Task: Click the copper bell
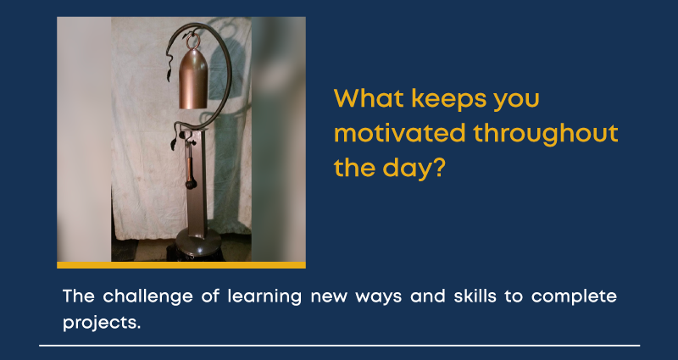(193, 79)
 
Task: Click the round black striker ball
(192, 185)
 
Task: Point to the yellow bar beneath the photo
(181, 265)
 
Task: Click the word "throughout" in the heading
(546, 135)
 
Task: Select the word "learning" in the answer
(264, 297)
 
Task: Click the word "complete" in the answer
(574, 297)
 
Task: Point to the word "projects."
(102, 323)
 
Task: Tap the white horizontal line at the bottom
(340, 346)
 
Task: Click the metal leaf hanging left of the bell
(169, 74)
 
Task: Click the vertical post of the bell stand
(197, 180)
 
